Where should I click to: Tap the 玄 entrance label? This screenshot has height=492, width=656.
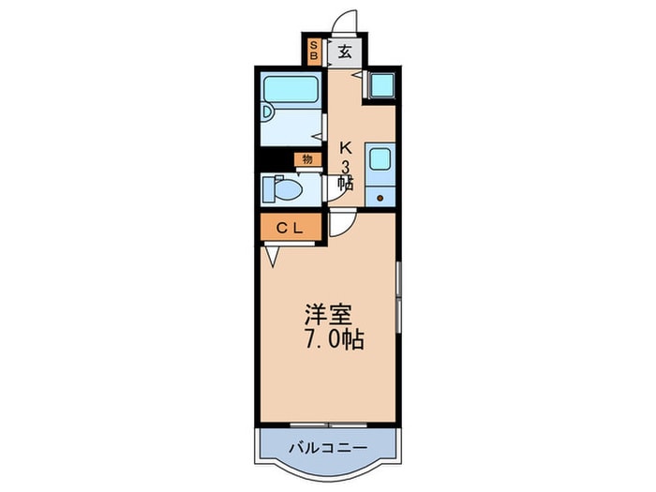click(344, 52)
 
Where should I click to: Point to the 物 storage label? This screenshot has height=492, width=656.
click(306, 159)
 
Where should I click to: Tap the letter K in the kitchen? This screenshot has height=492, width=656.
click(345, 147)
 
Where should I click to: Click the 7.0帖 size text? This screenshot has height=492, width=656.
click(328, 339)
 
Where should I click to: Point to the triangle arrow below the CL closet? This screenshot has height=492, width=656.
click(273, 254)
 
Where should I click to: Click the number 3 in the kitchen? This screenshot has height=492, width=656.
click(345, 166)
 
